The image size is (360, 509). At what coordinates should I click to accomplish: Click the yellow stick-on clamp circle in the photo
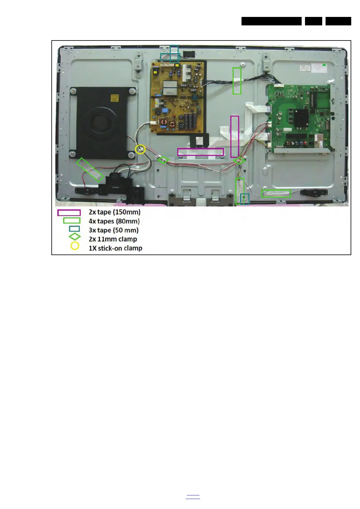point(140,149)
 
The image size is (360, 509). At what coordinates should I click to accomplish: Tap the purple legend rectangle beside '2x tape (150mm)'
point(69,213)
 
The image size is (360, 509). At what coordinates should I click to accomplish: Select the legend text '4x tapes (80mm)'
point(114,221)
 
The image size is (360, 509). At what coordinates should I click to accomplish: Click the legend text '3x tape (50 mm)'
point(113,230)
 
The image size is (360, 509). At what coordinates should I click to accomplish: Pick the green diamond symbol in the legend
point(75,237)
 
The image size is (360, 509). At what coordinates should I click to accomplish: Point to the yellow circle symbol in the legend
point(75,246)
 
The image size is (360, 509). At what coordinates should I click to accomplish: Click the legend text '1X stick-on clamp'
point(115,248)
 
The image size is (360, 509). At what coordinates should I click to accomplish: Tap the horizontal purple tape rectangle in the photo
point(200,152)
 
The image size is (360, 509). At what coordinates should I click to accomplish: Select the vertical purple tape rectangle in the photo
point(235,137)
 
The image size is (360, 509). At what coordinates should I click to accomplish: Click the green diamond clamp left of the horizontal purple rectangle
point(163,160)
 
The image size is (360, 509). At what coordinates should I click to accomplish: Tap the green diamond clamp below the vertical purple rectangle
point(239,160)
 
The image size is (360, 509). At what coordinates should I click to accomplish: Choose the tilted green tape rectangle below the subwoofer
point(90,170)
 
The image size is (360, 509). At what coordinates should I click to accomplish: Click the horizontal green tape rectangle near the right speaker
point(276,193)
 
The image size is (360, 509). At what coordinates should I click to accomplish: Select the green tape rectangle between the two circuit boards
point(237,81)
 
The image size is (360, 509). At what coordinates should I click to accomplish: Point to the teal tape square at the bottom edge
point(245,199)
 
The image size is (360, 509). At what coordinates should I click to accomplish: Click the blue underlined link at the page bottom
point(193,497)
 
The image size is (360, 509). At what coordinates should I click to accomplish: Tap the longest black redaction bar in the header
point(271,21)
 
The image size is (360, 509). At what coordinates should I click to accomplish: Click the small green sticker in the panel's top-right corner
point(324,65)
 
